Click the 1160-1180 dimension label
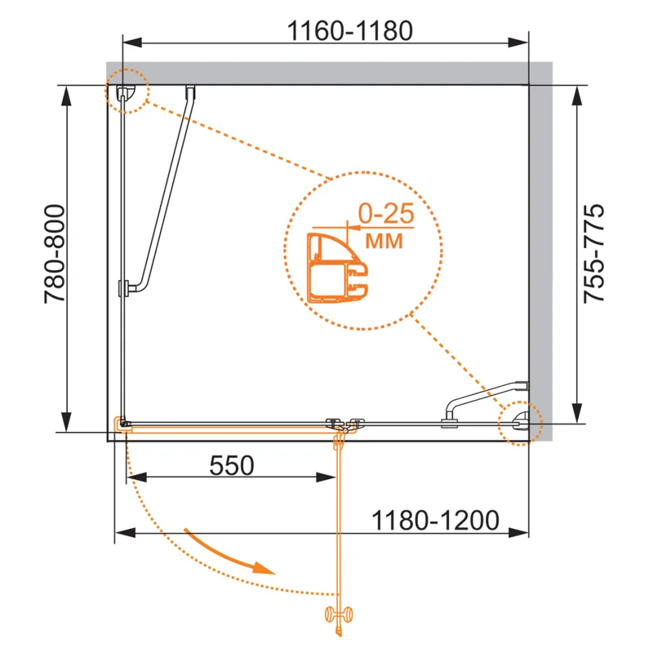(x=350, y=31)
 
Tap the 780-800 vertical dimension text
(x=55, y=253)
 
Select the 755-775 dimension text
(x=593, y=253)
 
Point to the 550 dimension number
(x=232, y=465)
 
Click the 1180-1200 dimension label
(x=435, y=520)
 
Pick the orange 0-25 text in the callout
(x=386, y=213)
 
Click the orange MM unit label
(x=384, y=241)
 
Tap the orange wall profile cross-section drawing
(x=337, y=268)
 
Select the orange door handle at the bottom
(x=339, y=615)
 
